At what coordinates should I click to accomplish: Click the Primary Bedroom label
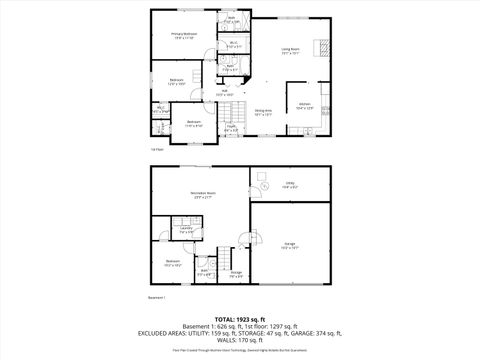tap(183, 35)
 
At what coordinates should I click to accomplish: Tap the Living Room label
tap(291, 50)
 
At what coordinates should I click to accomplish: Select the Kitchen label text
tap(305, 106)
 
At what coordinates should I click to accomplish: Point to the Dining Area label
tap(263, 112)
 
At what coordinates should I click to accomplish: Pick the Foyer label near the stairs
tap(230, 128)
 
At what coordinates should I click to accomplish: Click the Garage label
tap(288, 246)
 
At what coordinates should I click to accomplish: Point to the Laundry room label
tap(187, 230)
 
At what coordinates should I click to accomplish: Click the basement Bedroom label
tap(173, 265)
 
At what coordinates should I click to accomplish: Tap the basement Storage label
tap(236, 274)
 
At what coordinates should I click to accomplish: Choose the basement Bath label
tap(204, 273)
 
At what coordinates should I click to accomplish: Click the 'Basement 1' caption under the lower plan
tap(157, 297)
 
